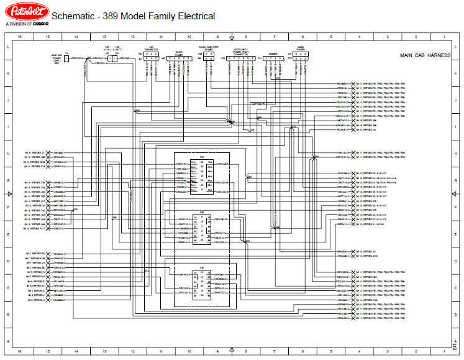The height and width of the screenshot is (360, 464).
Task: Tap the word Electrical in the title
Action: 193,16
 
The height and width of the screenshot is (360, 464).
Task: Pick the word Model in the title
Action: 133,16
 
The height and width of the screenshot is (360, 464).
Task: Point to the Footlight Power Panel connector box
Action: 240,59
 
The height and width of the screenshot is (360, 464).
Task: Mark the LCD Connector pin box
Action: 152,58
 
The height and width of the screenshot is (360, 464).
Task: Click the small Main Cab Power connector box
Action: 67,60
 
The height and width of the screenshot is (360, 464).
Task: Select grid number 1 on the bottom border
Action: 444,351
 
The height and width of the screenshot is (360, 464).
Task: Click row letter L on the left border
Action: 7,48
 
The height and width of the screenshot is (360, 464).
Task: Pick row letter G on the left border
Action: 7,181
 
